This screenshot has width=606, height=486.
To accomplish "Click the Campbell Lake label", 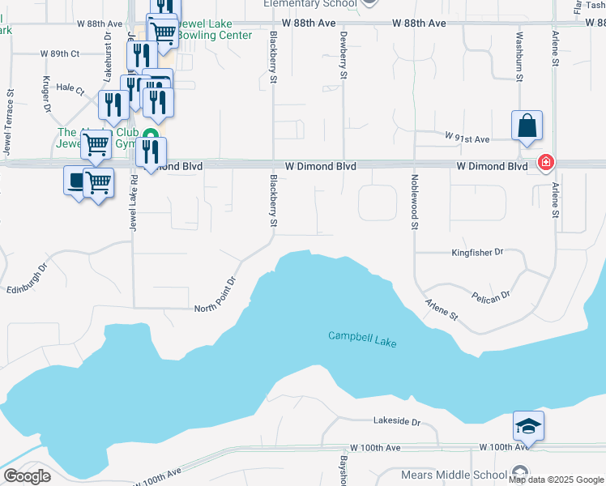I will pos(362,339).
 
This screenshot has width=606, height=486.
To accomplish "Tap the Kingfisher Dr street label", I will pos(476,253).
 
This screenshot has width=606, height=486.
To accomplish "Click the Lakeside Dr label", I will pos(397,422).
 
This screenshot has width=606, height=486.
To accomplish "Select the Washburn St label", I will pos(519,49).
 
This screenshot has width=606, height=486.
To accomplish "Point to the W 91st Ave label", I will pos(467,139).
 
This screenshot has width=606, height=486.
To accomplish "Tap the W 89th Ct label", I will pos(60,53).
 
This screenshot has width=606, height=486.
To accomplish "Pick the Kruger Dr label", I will pos(45,95).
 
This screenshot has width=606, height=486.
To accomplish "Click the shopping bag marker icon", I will pos(527,126).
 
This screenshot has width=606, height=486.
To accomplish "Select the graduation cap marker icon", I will pos(528,425).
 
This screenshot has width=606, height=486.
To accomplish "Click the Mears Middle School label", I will pos(454,475).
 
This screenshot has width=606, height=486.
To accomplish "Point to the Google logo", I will pos(28,477).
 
